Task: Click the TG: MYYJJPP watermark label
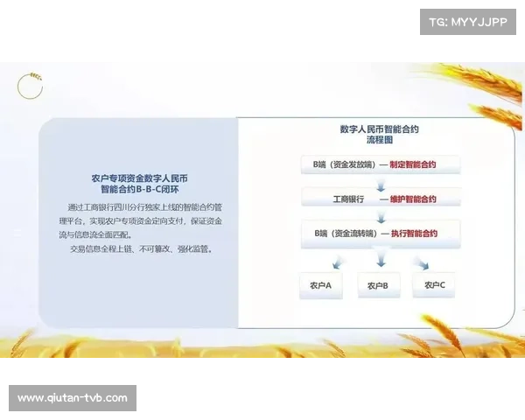click(468, 22)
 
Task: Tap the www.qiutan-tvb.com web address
click(73, 398)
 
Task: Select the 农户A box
click(320, 285)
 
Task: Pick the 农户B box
click(378, 285)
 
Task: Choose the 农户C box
click(435, 285)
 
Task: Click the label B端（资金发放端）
click(339, 164)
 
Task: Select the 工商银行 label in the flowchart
click(347, 199)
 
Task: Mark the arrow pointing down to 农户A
click(335, 262)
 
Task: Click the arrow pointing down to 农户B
click(380, 260)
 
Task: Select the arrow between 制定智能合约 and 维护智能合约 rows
click(380, 182)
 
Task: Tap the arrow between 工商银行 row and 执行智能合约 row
click(380, 216)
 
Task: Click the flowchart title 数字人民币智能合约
click(379, 129)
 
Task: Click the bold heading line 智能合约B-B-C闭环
click(139, 189)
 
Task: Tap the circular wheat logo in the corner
click(30, 86)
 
